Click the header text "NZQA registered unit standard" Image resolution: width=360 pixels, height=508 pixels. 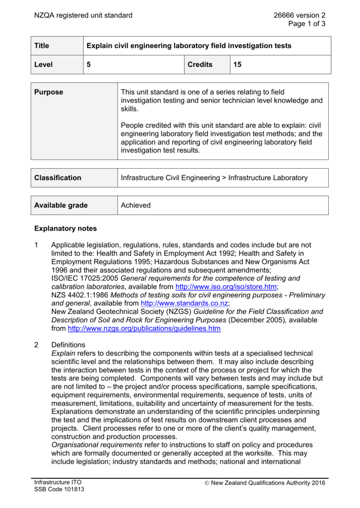[83, 15]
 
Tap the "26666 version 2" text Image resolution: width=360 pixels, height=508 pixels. [299, 15]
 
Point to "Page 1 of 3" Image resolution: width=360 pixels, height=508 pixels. [307, 24]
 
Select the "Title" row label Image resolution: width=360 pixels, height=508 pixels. [42, 46]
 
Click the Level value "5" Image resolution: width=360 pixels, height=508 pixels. [89, 64]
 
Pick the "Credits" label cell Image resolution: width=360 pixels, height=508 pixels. [200, 64]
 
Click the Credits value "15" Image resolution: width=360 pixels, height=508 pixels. [238, 64]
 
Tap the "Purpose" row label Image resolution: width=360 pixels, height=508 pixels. [49, 92]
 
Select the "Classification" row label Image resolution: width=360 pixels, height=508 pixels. [58, 178]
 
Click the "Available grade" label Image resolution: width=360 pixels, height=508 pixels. [61, 205]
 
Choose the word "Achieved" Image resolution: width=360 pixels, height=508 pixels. [136, 205]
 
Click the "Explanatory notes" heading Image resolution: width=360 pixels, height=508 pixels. [66, 229]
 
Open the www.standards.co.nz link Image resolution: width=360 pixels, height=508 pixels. [185, 303]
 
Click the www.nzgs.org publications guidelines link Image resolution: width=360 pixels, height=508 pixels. [144, 328]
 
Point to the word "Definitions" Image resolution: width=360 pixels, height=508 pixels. [69, 345]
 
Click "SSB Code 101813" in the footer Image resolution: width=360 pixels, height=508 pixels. [59, 490]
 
